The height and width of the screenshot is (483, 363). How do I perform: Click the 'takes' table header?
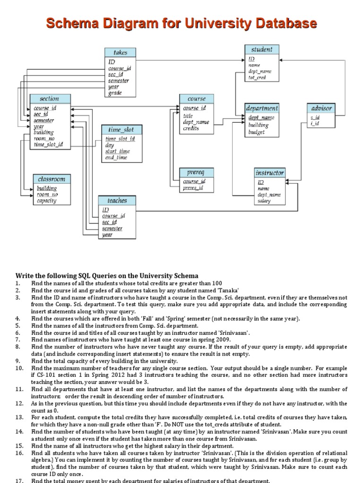[x=121, y=53]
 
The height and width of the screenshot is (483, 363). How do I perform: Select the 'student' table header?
[x=262, y=49]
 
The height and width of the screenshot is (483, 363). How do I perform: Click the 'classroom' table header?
[x=52, y=179]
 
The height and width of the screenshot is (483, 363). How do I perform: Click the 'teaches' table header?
[x=117, y=200]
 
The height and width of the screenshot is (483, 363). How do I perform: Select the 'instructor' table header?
[x=269, y=173]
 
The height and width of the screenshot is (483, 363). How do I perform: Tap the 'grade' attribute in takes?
[x=115, y=93]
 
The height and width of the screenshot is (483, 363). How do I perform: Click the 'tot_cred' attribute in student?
[x=257, y=78]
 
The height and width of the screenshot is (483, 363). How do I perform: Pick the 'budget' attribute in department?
[x=257, y=133]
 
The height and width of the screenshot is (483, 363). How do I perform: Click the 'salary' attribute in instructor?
[x=264, y=201]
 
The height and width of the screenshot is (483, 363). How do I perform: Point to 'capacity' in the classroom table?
[x=47, y=201]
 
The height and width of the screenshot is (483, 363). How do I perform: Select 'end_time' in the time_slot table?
[x=116, y=158]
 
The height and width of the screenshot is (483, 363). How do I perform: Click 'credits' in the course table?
[x=191, y=128]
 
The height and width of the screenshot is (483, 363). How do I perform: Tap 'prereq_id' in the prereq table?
[x=193, y=188]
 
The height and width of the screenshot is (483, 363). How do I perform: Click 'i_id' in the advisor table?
[x=314, y=124]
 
